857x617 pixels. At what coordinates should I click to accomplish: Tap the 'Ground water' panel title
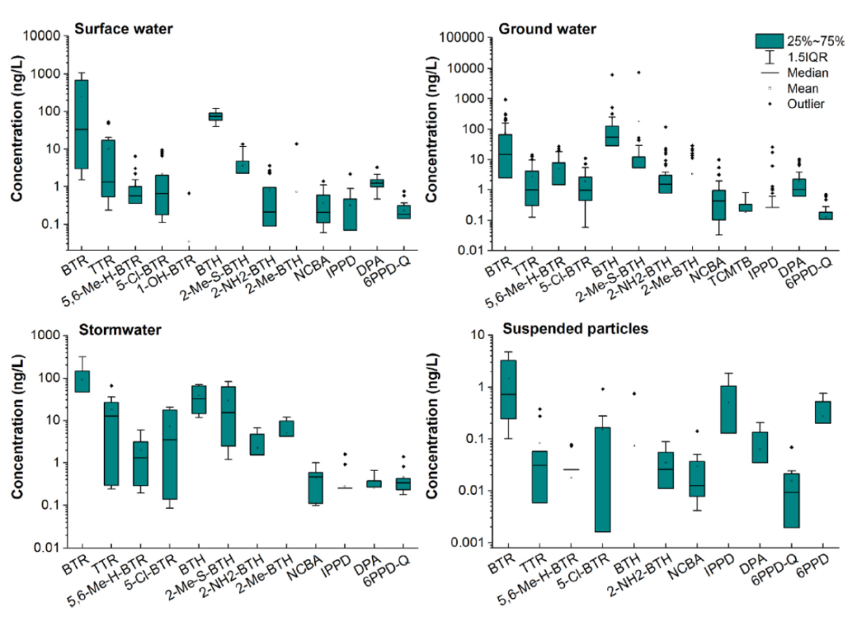point(548,29)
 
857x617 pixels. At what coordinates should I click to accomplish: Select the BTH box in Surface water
point(215,116)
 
